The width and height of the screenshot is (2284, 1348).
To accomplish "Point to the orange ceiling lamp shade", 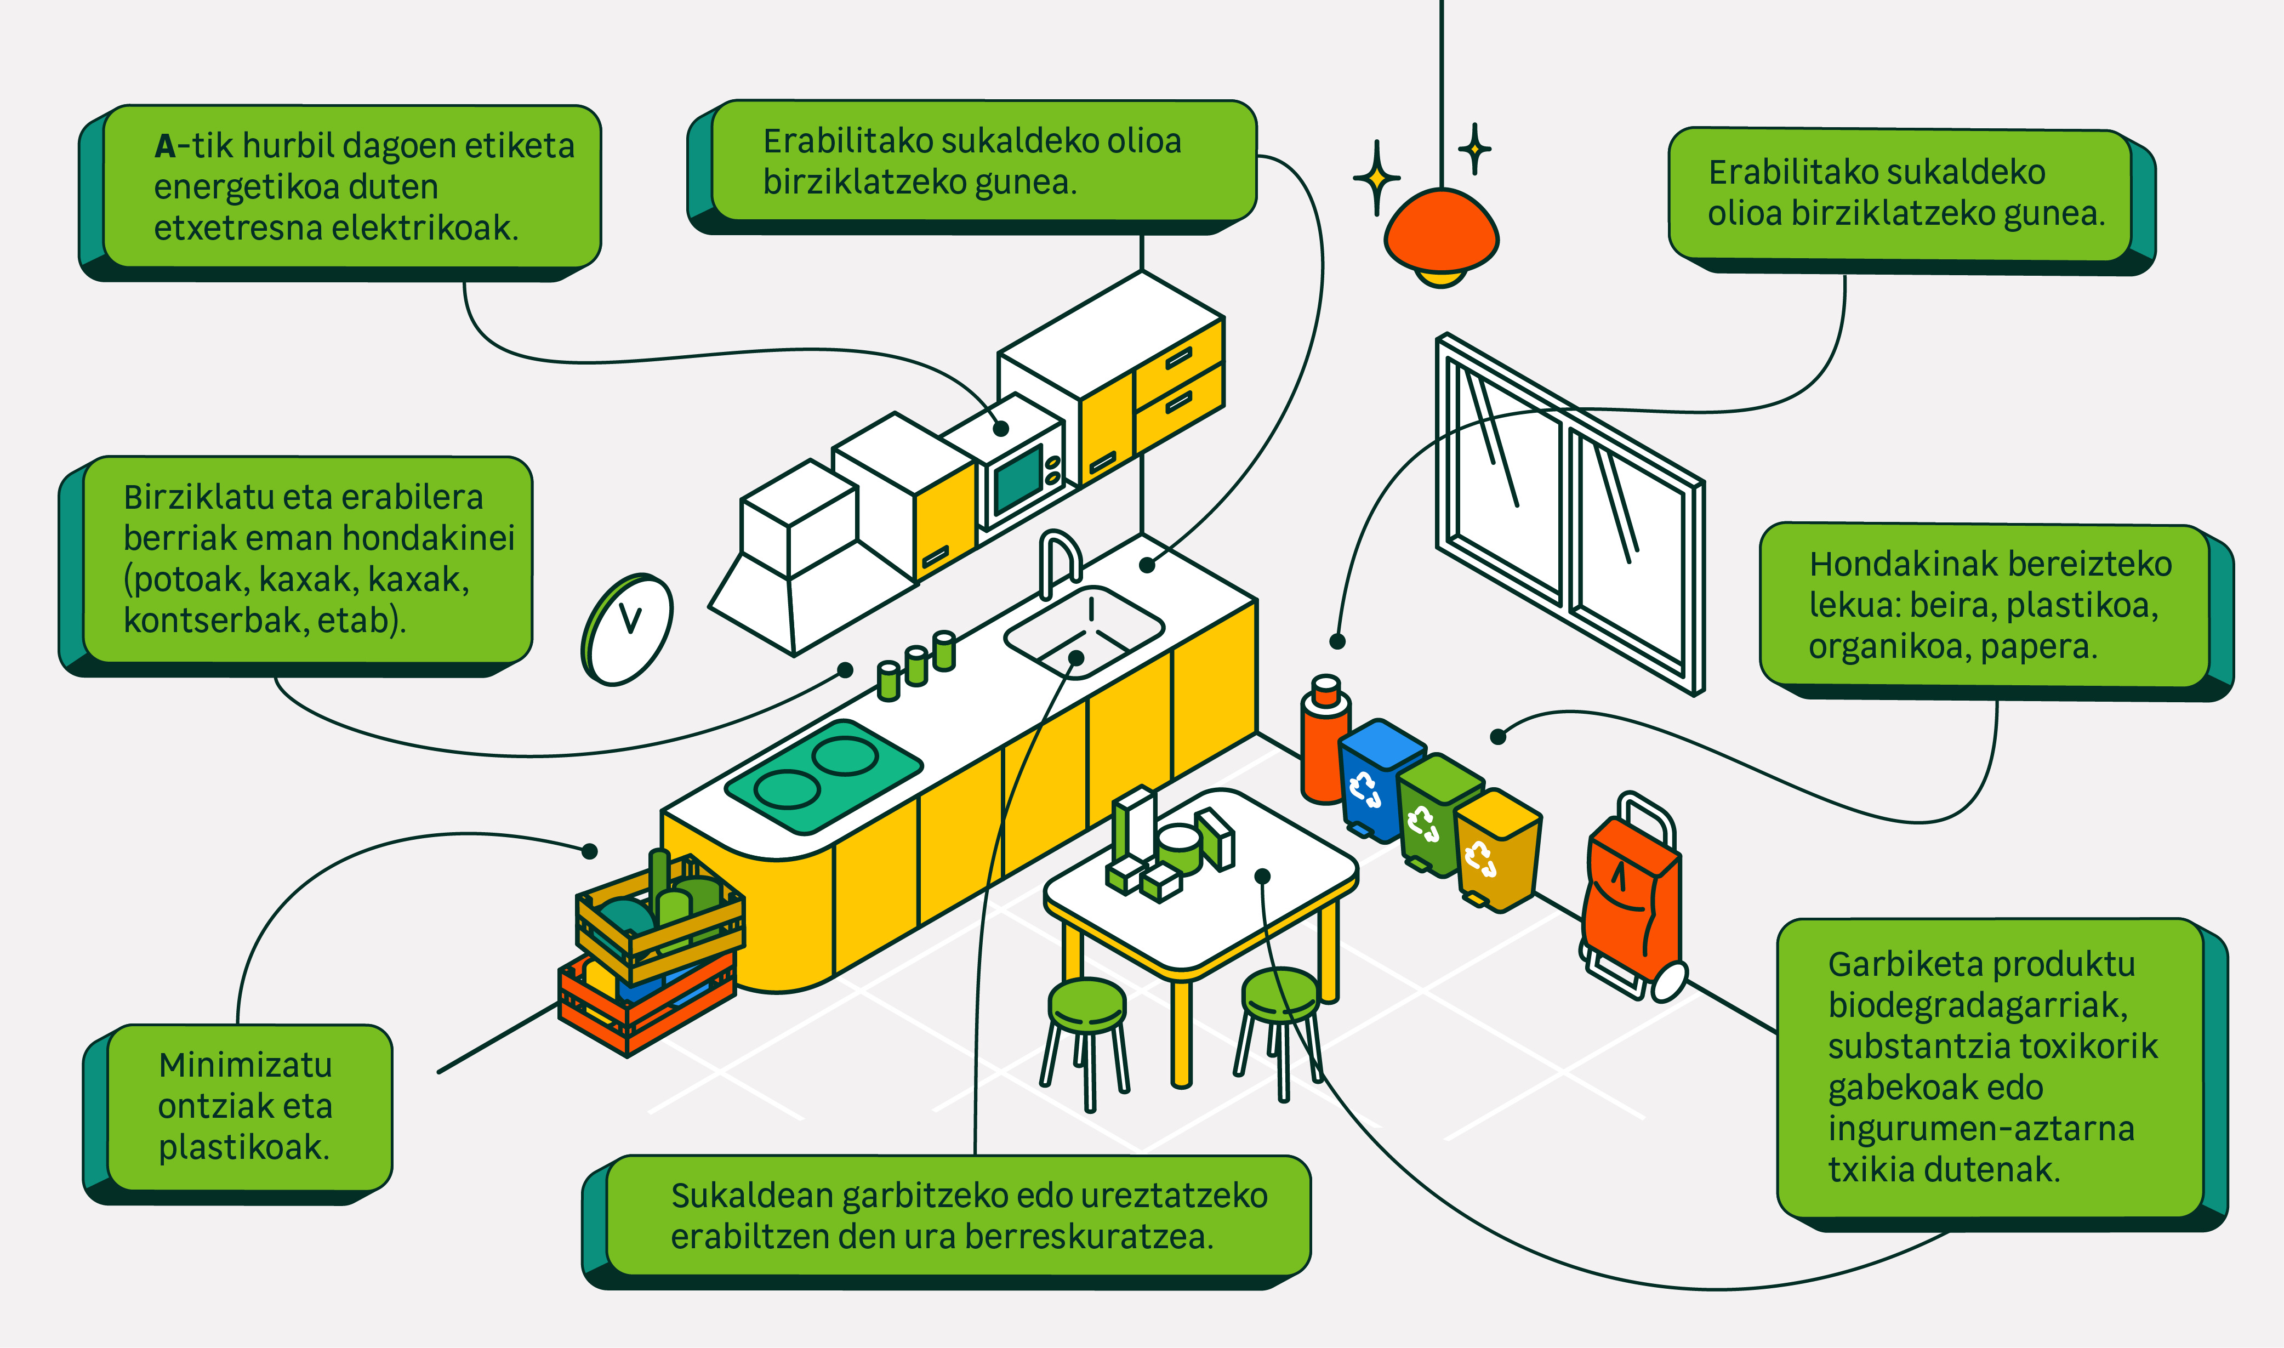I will tap(1440, 232).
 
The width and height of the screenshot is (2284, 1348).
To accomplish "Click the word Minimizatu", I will tap(245, 1065).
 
